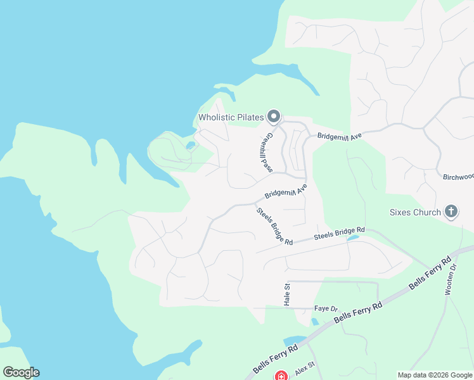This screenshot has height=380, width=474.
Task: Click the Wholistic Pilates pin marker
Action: [x=274, y=116]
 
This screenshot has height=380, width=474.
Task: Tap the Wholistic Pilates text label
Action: [x=231, y=117]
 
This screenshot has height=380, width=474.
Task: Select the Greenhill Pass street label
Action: [x=266, y=152]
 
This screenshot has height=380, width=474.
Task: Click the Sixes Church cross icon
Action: [x=451, y=212]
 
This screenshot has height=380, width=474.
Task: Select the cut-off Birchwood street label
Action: [x=458, y=177]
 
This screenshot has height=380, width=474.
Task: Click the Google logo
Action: [x=21, y=372]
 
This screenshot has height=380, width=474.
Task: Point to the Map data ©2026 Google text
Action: [x=435, y=375]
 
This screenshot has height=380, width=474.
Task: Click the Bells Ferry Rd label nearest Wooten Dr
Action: [x=430, y=272]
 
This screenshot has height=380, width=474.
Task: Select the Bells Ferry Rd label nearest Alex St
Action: [x=275, y=358]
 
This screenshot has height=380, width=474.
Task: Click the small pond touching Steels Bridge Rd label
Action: [x=353, y=238]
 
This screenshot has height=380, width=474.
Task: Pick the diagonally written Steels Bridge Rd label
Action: [x=274, y=226]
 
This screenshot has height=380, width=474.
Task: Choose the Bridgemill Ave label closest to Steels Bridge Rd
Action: [x=286, y=191]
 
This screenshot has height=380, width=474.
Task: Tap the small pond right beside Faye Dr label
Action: [x=315, y=321]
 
